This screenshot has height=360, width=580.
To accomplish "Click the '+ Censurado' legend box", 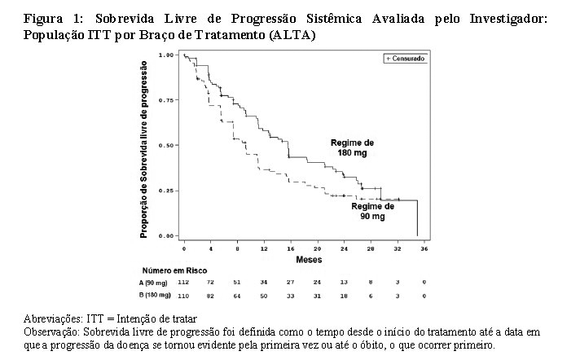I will (x=405, y=58).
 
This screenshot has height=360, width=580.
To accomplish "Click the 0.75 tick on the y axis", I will (x=168, y=100).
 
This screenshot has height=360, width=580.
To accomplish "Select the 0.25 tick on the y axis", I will (x=168, y=191).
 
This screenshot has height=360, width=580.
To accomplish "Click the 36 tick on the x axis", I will (x=424, y=247).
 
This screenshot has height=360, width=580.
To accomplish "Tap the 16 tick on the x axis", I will (x=291, y=247).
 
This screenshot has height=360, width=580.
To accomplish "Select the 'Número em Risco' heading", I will (x=175, y=270).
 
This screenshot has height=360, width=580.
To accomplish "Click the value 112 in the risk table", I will (x=184, y=282).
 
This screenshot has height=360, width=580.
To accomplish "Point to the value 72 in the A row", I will (x=211, y=282).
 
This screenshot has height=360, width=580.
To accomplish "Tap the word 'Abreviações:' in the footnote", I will (x=48, y=318).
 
